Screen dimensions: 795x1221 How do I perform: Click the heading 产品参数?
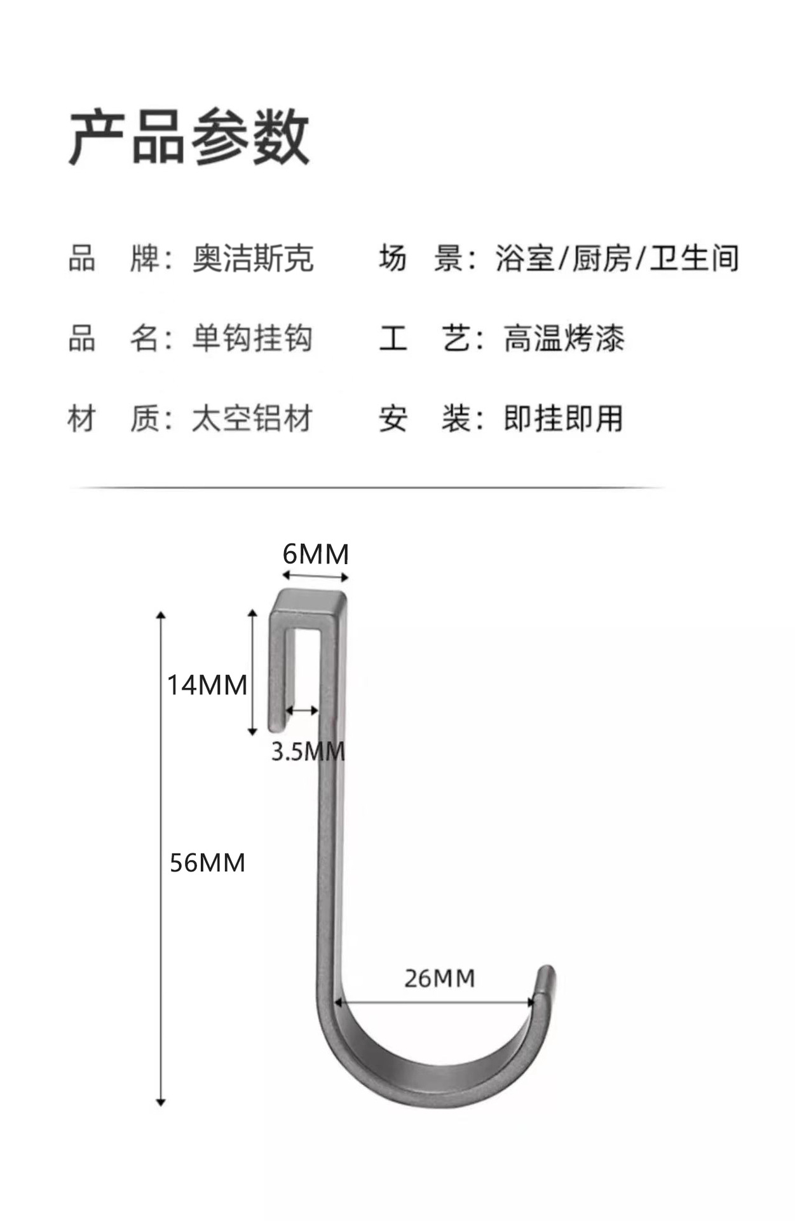(189, 137)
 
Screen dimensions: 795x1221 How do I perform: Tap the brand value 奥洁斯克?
(253, 259)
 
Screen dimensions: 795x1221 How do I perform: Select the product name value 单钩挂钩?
(252, 338)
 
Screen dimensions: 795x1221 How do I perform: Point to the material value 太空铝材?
(252, 419)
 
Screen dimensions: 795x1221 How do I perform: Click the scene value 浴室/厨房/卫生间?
(617, 259)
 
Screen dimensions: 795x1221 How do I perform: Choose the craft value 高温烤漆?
(564, 338)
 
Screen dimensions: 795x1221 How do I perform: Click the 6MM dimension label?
(316, 555)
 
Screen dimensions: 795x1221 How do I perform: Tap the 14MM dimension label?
(207, 685)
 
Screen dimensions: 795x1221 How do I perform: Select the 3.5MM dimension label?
(308, 752)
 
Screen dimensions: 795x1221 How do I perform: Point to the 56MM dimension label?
(207, 863)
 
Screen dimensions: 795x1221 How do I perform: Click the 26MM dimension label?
(440, 978)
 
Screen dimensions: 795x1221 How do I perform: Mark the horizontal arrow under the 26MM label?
(435, 1003)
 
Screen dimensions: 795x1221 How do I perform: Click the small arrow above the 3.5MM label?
(301, 710)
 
